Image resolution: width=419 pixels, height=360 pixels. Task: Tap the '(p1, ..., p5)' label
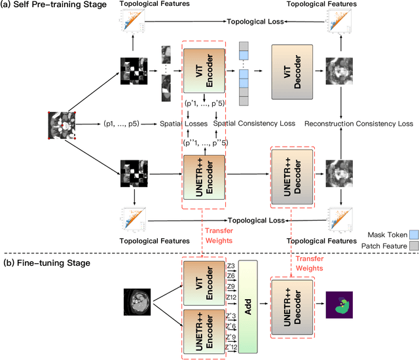click(x=122, y=122)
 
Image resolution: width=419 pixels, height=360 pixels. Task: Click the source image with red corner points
click(x=63, y=124)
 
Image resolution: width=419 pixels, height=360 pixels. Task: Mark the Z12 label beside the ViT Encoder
click(x=230, y=297)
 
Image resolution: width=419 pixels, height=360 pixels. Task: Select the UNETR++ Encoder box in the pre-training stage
click(x=204, y=176)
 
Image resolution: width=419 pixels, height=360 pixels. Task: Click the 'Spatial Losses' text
click(x=185, y=122)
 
